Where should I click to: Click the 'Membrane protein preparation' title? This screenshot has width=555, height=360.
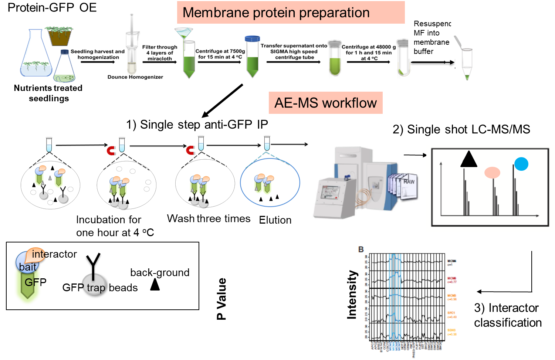(x=276, y=13)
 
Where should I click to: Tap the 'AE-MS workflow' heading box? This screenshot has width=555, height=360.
(x=325, y=103)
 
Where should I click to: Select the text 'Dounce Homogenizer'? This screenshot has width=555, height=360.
(x=135, y=77)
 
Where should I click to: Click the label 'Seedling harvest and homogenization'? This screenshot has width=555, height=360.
(x=98, y=54)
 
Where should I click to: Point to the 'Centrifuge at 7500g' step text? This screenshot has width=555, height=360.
(x=220, y=54)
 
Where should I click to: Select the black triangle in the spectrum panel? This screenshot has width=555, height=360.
(x=468, y=159)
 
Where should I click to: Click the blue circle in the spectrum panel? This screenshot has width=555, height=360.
(x=521, y=164)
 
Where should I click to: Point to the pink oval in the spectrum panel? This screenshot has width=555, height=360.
(x=492, y=172)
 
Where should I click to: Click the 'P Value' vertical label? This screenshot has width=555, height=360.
(x=221, y=299)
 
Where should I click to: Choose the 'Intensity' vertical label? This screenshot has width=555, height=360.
(x=351, y=295)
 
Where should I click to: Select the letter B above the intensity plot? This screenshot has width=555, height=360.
(x=361, y=250)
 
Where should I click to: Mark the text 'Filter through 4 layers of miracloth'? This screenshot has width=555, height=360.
(x=160, y=53)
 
